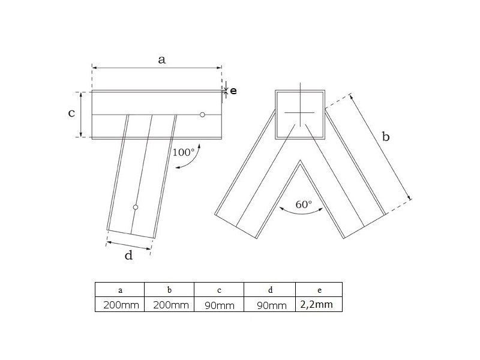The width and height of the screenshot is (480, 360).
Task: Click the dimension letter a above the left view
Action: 161,59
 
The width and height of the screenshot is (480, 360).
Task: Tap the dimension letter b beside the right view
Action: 386,136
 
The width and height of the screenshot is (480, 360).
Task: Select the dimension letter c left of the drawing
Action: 71,113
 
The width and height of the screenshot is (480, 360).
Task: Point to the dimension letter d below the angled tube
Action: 128,254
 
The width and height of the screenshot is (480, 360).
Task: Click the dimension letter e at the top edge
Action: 233,91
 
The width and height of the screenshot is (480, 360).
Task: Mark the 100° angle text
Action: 184,152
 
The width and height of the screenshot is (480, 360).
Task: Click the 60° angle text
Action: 304,204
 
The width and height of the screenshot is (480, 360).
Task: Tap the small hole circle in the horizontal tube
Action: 202,115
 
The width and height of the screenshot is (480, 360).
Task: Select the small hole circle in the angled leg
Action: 136,207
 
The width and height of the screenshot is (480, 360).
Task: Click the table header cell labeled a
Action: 119,290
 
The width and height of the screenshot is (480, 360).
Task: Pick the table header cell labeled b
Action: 169,290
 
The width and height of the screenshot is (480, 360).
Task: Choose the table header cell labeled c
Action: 219,290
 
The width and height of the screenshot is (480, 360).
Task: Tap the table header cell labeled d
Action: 269,290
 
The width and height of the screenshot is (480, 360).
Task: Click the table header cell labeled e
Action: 319,290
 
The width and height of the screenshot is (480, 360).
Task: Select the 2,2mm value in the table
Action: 317,304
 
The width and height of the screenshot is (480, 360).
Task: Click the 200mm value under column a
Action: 121,305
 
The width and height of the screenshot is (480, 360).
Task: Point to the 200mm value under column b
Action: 171,305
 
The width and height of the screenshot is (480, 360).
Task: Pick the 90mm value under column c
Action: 220,305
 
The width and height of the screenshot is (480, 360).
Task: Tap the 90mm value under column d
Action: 272,305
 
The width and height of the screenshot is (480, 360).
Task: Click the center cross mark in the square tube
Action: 301,113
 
